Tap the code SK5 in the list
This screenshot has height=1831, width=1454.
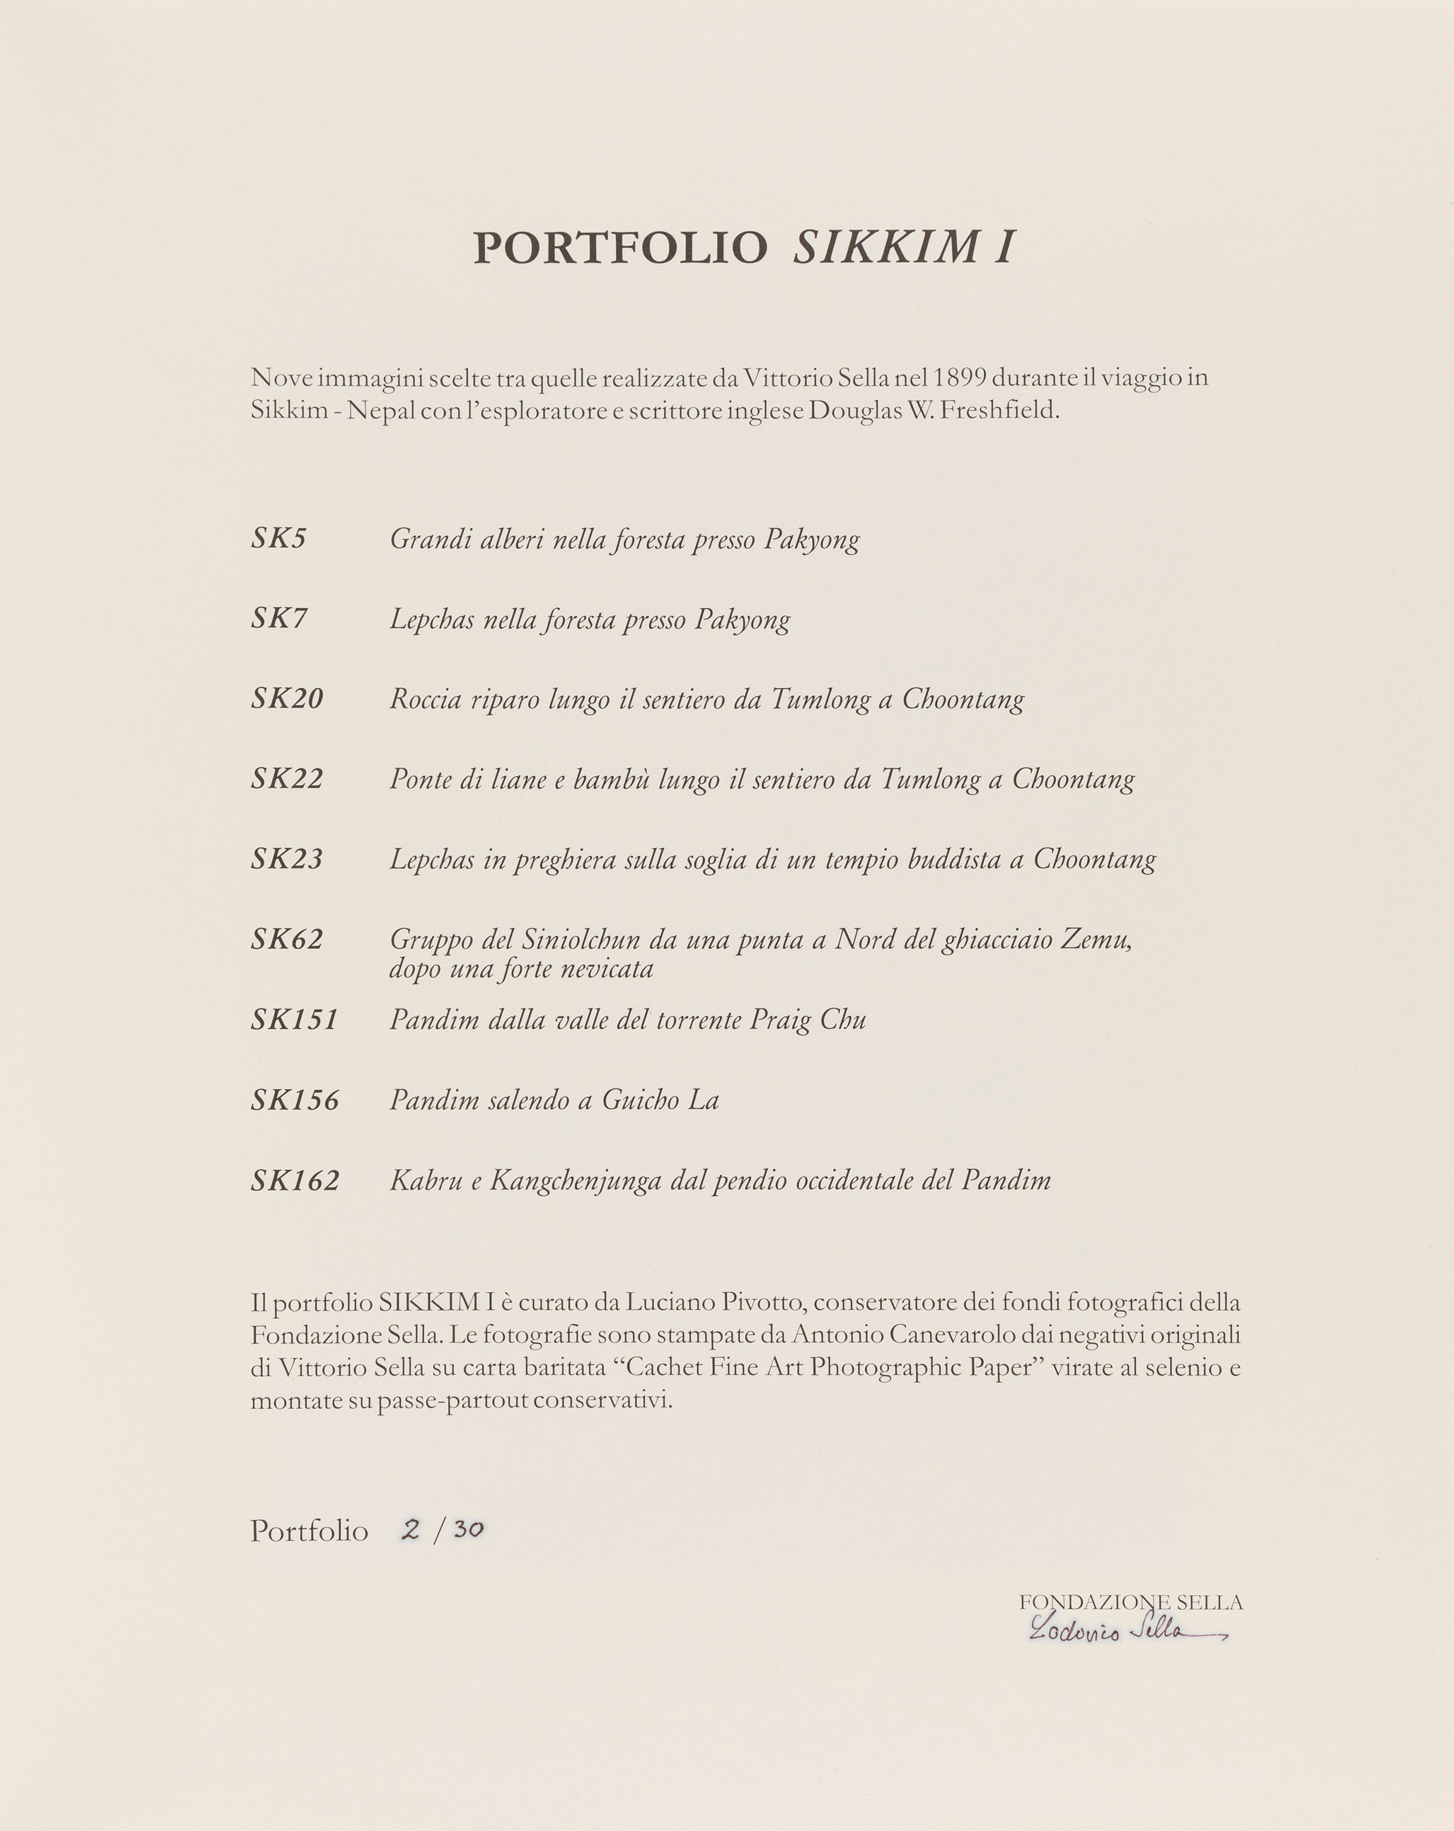point(278,538)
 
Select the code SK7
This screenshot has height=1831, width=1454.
point(278,618)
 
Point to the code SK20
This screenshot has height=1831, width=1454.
point(287,698)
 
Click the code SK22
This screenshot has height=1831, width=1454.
point(287,778)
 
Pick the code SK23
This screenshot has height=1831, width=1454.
point(287,858)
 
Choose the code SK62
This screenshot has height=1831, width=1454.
point(287,939)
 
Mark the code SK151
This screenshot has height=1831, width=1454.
point(295,1019)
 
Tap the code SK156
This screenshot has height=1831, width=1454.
point(295,1100)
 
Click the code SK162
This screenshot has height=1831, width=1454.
point(295,1180)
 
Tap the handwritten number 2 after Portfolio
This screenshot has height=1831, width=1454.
point(411,1530)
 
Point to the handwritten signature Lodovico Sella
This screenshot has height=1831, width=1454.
point(1121,1631)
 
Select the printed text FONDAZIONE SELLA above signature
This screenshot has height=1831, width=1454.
point(1131,1602)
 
